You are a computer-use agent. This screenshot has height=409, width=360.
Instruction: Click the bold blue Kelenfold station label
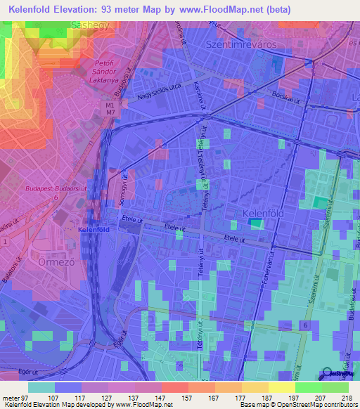pos(94,230)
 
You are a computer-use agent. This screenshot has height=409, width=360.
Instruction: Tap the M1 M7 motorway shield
pos(109,109)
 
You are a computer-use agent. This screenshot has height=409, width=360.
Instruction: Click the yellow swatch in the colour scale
pos(281,387)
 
